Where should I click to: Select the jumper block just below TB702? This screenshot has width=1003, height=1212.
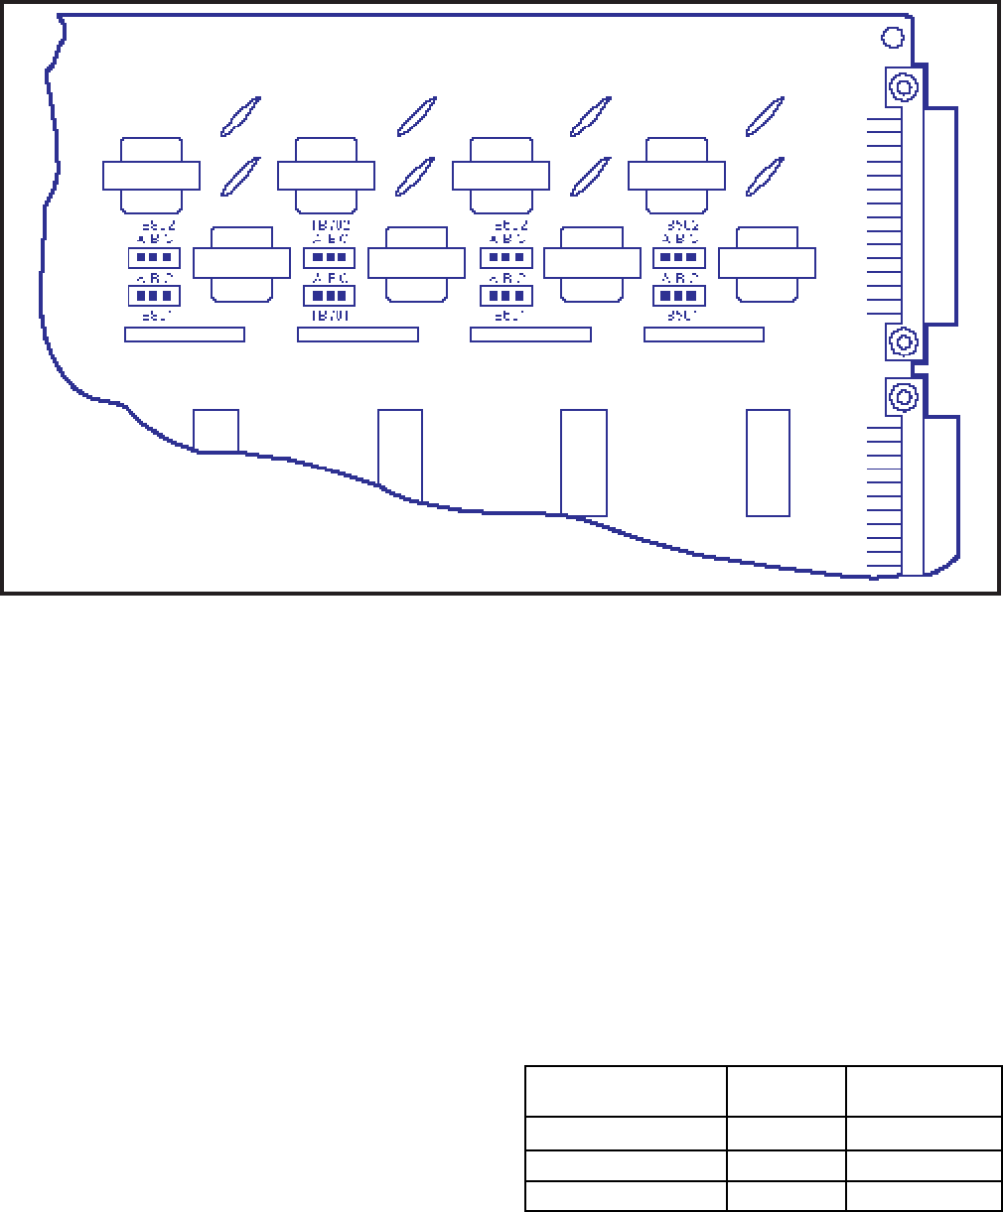(x=330, y=258)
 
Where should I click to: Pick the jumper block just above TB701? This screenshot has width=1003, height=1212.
(x=330, y=295)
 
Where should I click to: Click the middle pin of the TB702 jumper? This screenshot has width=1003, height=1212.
(x=330, y=258)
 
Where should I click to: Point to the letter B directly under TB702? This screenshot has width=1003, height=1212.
(x=330, y=239)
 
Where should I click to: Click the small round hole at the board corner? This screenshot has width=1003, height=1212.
(x=892, y=38)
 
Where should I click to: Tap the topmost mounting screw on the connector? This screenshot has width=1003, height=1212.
(x=903, y=87)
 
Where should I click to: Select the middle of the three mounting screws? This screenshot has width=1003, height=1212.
(x=903, y=342)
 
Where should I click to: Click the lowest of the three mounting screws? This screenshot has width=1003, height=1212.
(x=903, y=397)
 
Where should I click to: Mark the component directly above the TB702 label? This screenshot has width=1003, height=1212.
(x=326, y=176)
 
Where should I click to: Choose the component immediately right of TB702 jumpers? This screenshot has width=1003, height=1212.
(x=416, y=263)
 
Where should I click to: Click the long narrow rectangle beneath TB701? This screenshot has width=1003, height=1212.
(x=358, y=335)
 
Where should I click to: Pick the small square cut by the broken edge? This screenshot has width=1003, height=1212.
(x=215, y=430)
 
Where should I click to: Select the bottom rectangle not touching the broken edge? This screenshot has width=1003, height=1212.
(x=768, y=463)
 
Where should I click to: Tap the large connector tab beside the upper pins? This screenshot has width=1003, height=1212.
(x=939, y=215)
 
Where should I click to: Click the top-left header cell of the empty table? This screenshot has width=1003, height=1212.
(x=626, y=1092)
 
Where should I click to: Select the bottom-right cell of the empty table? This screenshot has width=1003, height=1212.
(x=923, y=1196)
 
